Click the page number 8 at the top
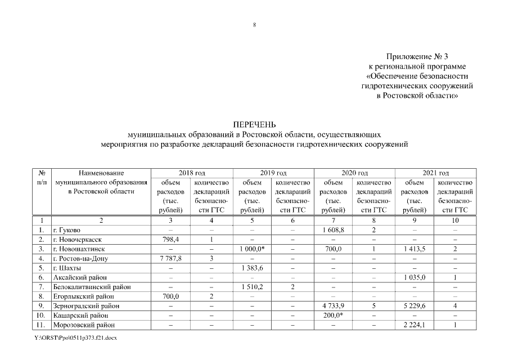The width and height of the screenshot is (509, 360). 255,25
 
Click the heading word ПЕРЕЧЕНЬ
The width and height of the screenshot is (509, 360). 254,125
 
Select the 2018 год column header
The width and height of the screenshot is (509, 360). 192,173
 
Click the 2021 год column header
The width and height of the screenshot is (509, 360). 435,173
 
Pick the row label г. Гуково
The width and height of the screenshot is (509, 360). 66,230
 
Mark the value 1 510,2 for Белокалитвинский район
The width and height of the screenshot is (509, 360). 252,287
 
